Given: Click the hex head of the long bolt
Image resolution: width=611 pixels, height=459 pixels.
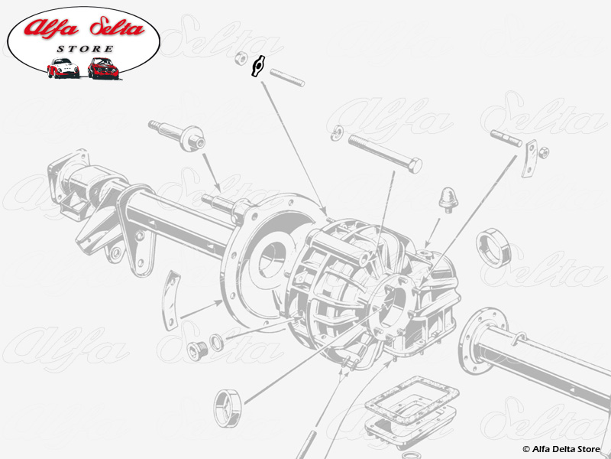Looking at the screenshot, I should click(413, 164).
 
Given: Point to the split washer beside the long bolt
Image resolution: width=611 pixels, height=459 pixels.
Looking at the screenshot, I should click(335, 136).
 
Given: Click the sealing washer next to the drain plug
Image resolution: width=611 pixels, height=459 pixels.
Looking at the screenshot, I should click(217, 340).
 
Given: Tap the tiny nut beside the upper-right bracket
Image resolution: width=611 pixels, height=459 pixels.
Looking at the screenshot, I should click(545, 152).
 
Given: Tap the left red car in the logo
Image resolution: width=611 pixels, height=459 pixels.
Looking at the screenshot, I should click(63, 68).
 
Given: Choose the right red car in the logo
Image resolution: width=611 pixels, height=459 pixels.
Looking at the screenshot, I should click(102, 68).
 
